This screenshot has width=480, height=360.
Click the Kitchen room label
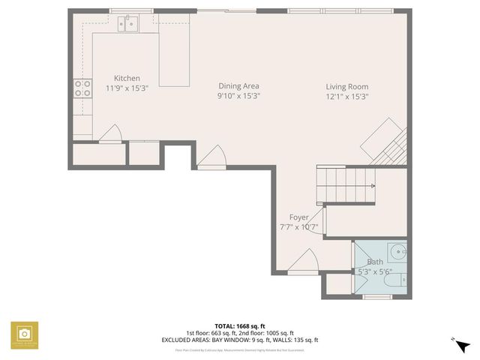coord(127,78)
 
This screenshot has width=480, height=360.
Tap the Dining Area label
coord(238,85)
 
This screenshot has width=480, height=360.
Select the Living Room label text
coord(346,86)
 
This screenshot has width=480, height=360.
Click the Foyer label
coord(298,217)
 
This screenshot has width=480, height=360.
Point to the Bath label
coord(375,262)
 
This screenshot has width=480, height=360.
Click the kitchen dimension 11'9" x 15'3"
coord(127,88)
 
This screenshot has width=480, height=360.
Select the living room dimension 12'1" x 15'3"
coord(346,96)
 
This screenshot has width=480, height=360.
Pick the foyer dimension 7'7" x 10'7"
coord(298,226)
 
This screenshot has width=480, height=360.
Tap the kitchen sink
coord(130,25)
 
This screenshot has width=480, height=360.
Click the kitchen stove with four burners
coord(82,88)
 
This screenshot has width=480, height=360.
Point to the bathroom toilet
coord(400,280)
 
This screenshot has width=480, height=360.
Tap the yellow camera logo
coord(24,334)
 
